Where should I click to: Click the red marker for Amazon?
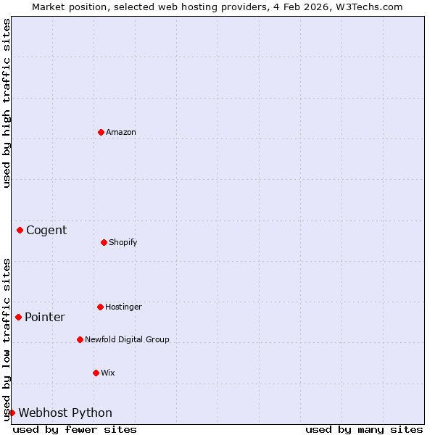101,132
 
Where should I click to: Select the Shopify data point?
104,242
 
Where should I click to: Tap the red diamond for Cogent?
20,231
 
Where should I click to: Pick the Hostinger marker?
100,307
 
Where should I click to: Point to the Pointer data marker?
18,317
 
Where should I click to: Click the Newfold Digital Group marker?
80,339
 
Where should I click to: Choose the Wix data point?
96,373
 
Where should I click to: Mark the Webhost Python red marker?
12,413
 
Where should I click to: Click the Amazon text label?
121,132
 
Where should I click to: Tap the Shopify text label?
123,242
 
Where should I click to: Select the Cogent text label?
46,231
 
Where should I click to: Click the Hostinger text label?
123,307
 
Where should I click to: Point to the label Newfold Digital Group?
127,339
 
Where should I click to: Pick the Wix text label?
108,373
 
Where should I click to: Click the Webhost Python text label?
65,413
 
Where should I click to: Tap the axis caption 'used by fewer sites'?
75,429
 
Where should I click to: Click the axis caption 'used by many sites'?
364,429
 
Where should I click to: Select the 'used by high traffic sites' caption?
7,103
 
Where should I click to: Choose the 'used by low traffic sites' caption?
7,339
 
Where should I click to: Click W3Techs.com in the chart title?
368,7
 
